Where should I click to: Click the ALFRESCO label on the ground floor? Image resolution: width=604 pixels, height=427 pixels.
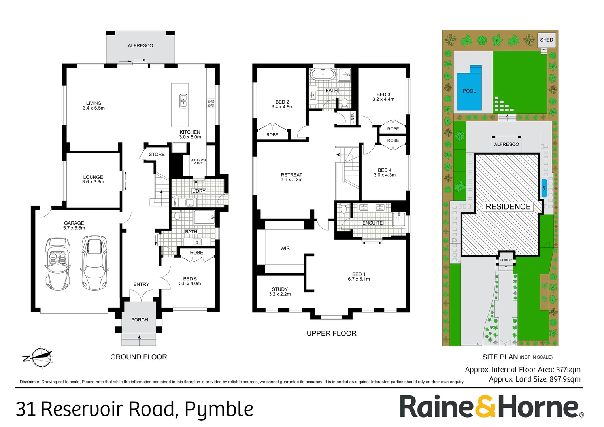click(x=140, y=46)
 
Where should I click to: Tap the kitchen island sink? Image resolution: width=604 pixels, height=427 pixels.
click(x=183, y=100)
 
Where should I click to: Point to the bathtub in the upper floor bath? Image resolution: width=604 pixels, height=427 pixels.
click(x=323, y=74)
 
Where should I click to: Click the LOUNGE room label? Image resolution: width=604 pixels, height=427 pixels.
click(x=93, y=179)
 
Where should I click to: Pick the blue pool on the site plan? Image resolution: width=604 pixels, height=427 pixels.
click(x=469, y=89)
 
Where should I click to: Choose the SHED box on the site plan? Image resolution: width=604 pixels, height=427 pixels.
click(x=546, y=40)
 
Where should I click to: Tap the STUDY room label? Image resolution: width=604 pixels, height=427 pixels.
click(x=280, y=292)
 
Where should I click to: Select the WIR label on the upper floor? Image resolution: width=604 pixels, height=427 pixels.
click(x=285, y=248)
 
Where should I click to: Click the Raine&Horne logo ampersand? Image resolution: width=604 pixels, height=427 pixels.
click(x=486, y=406)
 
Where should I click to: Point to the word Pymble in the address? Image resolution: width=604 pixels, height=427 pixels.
click(x=219, y=410)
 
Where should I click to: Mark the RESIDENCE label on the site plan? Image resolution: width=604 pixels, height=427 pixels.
click(x=508, y=207)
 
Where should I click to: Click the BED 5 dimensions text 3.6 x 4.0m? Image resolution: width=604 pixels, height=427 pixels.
click(x=190, y=283)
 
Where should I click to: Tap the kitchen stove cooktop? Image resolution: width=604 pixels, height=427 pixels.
click(x=211, y=104)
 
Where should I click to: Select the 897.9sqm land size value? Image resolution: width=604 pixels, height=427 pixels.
click(x=565, y=379)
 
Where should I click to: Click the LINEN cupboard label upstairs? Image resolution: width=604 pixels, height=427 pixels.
click(x=353, y=118)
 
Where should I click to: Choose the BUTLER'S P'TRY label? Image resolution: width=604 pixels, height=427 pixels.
click(x=198, y=161)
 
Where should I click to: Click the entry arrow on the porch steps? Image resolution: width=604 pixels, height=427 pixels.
click(x=139, y=337)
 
